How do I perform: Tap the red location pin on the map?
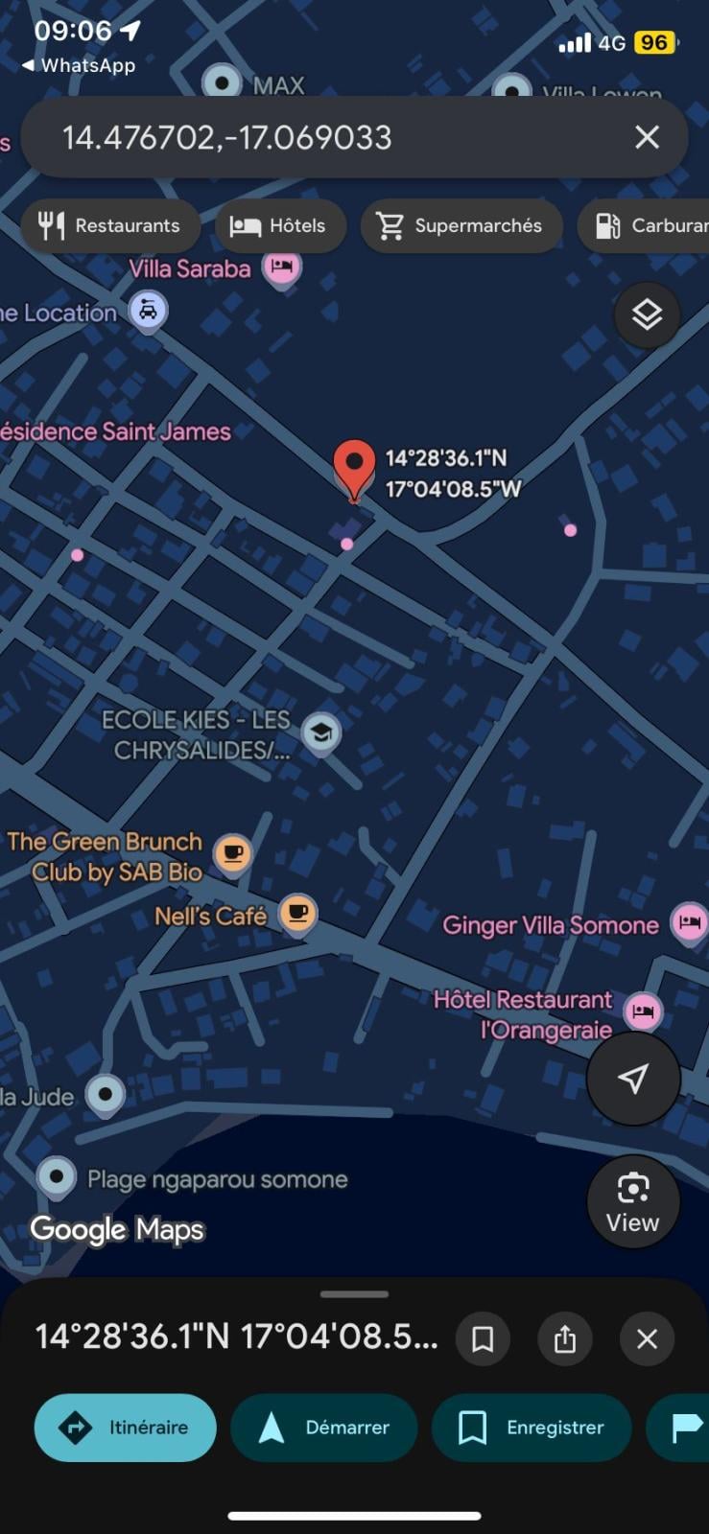(354, 465)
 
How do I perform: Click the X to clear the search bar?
(647, 137)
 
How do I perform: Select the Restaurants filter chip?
(110, 226)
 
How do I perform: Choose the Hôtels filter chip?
(280, 226)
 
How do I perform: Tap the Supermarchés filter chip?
(461, 226)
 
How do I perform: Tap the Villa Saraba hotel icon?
(281, 267)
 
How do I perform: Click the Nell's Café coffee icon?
(298, 913)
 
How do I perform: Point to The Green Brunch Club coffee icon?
(232, 852)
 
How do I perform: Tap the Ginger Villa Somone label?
(550, 925)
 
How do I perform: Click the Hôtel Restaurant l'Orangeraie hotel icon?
(643, 1011)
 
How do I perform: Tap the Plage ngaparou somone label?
(217, 1179)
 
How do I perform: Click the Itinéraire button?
(126, 1428)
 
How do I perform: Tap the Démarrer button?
(324, 1428)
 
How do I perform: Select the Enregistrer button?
(532, 1428)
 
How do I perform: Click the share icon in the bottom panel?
(565, 1338)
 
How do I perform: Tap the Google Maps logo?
(117, 1229)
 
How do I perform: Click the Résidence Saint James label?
(115, 431)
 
